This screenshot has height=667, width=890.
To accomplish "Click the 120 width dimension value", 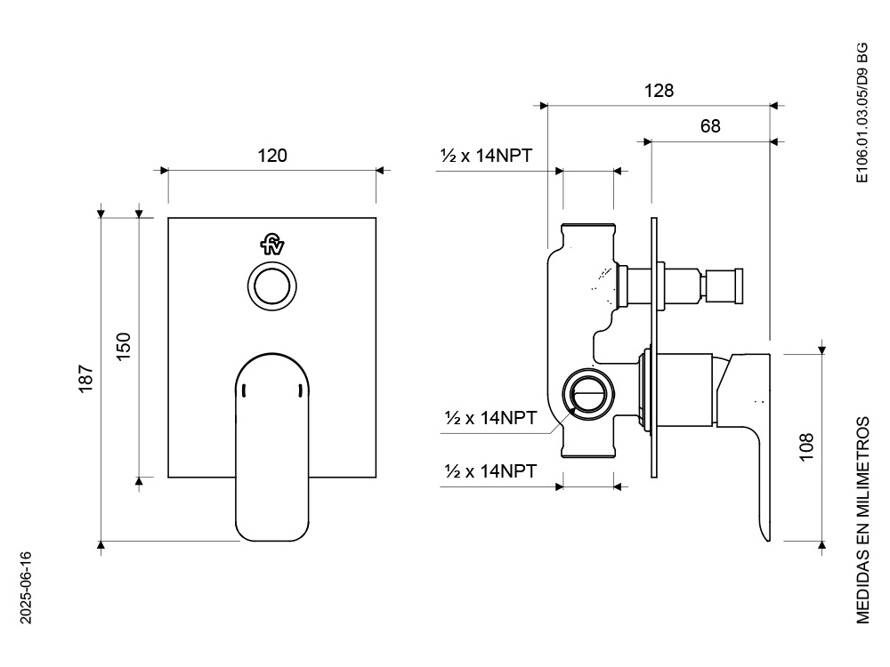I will tap(272, 156).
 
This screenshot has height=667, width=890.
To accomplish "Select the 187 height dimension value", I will tap(86, 379).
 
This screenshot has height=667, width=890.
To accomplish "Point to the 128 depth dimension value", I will tap(659, 91).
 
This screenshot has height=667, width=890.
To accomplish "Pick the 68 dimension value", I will tap(709, 126).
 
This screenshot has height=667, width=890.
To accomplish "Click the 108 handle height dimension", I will tap(806, 446).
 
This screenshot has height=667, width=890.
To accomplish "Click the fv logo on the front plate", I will tap(271, 244).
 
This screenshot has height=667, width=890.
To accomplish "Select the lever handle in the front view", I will tap(272, 445).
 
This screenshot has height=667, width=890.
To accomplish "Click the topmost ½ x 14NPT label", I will tap(486, 156).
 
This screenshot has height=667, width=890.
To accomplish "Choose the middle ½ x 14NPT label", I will tap(490, 418).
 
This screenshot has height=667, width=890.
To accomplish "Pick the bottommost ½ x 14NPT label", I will tap(490, 471).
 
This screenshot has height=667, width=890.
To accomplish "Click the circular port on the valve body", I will tap(587, 392).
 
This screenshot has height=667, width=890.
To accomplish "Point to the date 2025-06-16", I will tap(26, 587).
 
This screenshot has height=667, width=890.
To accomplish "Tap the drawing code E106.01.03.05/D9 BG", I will tap(862, 113).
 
